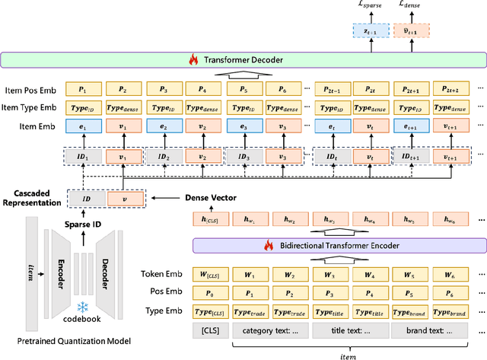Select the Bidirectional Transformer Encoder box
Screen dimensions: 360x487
pos(338,245)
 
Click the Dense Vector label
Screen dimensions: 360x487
pos(210,197)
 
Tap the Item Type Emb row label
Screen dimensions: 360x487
pos(30,107)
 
